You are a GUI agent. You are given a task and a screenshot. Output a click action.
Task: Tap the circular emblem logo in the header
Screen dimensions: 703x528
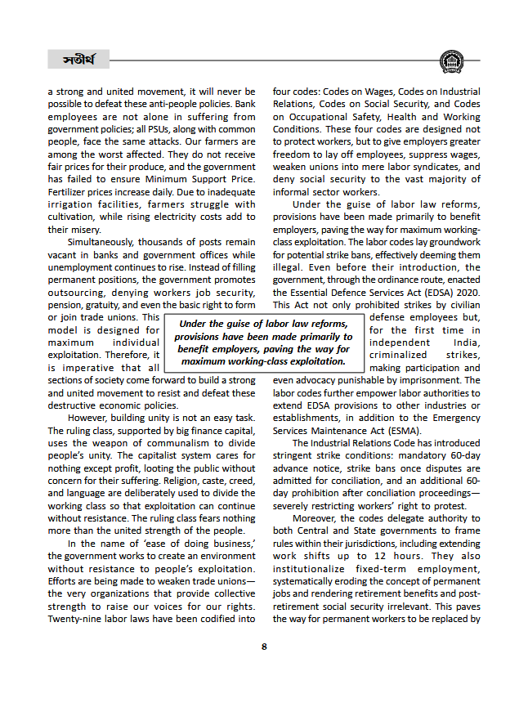(450, 61)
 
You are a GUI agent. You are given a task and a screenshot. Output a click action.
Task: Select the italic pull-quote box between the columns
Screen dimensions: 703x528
(263, 343)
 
